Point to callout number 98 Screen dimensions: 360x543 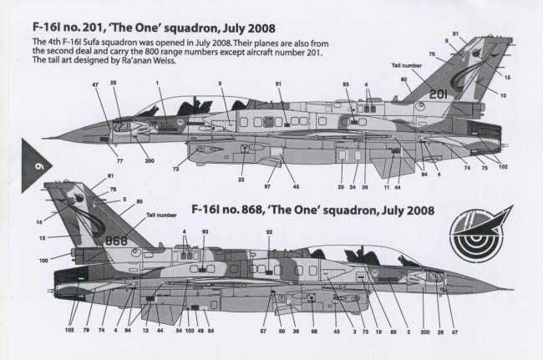coord(314,333)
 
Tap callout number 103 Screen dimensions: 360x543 coord(190,333)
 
